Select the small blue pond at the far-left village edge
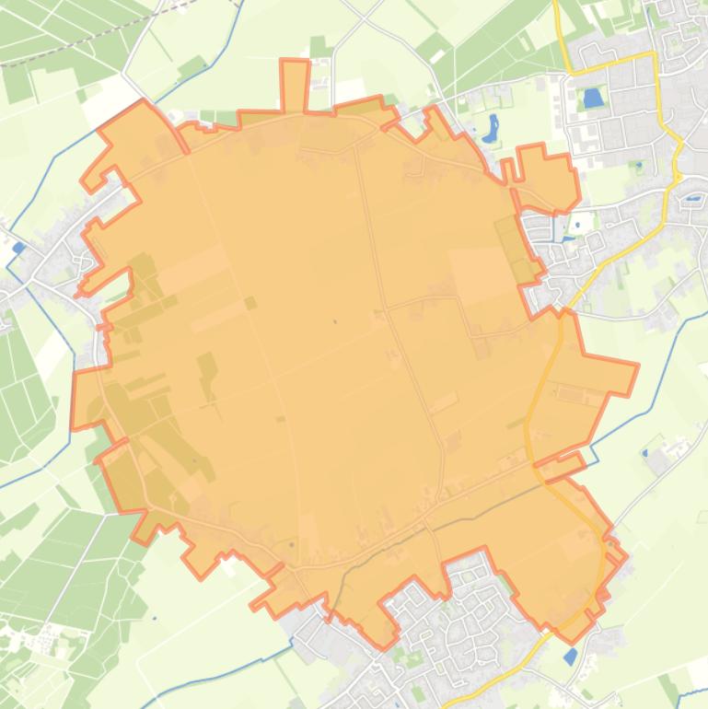(x=18, y=247)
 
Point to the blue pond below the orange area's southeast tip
(x=571, y=656)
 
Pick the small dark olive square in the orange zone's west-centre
(x=250, y=302)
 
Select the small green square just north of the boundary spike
(x=319, y=46)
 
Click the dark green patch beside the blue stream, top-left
(x=192, y=67)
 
